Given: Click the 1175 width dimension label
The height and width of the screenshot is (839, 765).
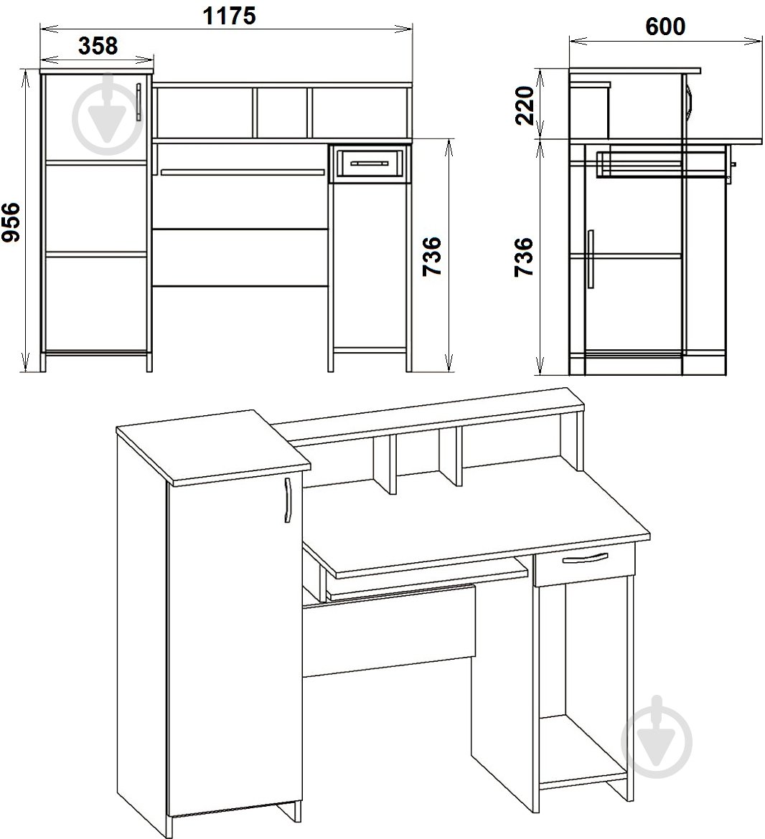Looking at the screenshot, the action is tap(229, 16).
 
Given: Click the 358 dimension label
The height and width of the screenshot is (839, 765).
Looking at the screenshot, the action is tap(98, 46).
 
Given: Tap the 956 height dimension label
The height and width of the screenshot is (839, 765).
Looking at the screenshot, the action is tap(11, 222).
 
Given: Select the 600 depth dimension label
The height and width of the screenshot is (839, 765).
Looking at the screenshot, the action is tap(665, 27).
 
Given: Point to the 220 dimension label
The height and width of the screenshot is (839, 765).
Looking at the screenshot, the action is tap(525, 105).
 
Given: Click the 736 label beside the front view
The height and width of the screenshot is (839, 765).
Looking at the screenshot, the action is tap(432, 257).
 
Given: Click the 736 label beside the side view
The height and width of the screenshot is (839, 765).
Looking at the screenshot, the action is tap(524, 257).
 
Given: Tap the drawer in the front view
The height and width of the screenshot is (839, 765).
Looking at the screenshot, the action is tap(370, 163).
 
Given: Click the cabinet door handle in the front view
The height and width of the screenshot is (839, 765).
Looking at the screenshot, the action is tap(139, 102).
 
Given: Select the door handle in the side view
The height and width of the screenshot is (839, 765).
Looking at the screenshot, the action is tap(591, 259).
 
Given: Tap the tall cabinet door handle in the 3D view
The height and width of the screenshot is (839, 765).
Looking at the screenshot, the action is tap(288, 500).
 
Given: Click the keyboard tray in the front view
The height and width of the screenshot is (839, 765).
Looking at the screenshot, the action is tap(243, 172).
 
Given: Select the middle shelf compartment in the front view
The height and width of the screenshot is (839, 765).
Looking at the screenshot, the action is tap(282, 113).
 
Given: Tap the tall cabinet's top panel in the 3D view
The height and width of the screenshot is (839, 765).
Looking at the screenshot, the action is tap(213, 447).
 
